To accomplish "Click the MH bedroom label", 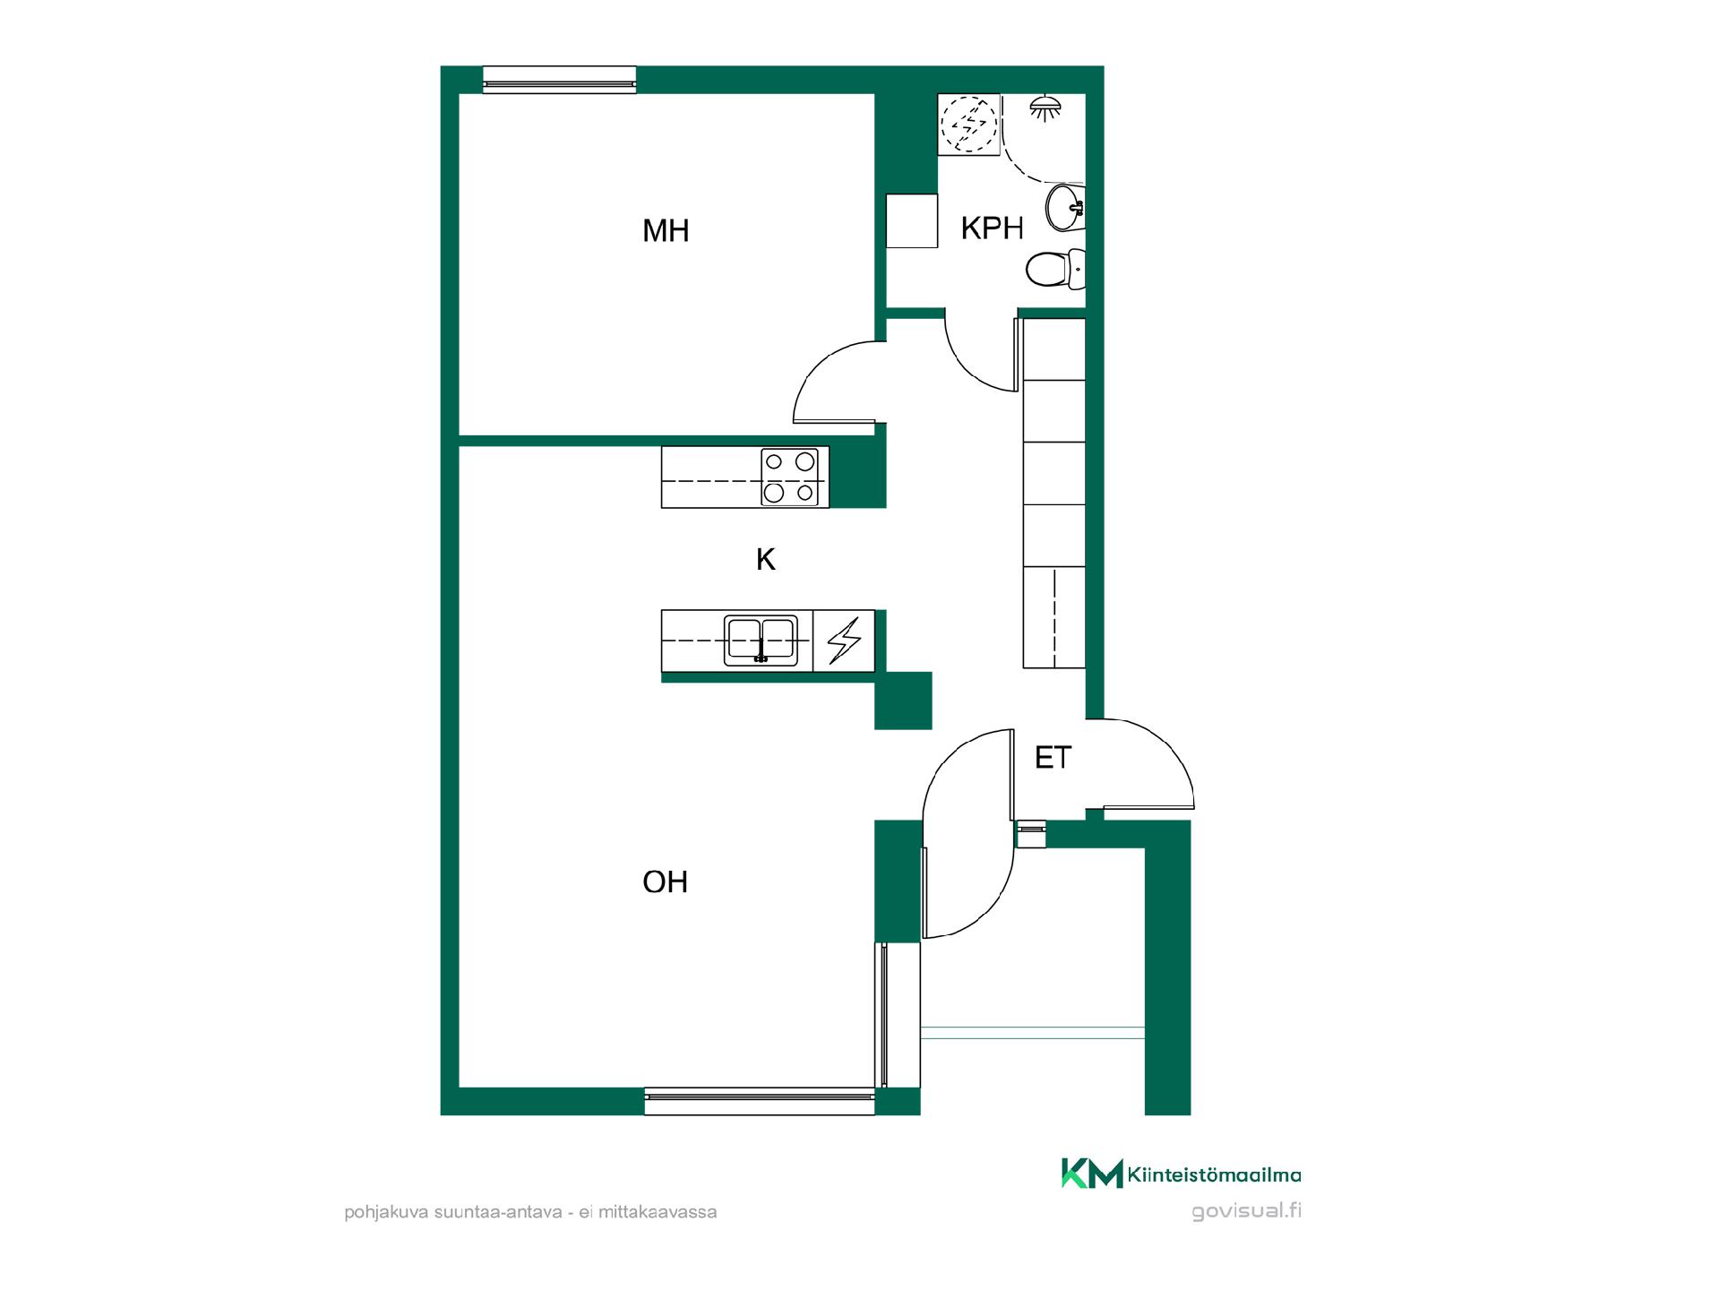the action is (666, 231).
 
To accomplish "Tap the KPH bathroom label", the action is (992, 228).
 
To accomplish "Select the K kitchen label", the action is (765, 560).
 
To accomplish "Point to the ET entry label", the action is (1053, 758).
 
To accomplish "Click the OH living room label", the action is (665, 882).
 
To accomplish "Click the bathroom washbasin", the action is (1065, 208).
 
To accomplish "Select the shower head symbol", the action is (1045, 108).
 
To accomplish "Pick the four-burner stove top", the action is (789, 477).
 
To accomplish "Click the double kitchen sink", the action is (761, 641).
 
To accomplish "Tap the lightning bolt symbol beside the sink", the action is (844, 641).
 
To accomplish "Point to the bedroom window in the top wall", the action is (559, 80).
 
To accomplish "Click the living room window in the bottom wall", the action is (760, 1101).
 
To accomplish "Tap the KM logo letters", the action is (1092, 1174).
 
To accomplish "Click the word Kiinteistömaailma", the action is (1215, 1174).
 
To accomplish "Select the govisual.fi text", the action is (1246, 1211).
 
